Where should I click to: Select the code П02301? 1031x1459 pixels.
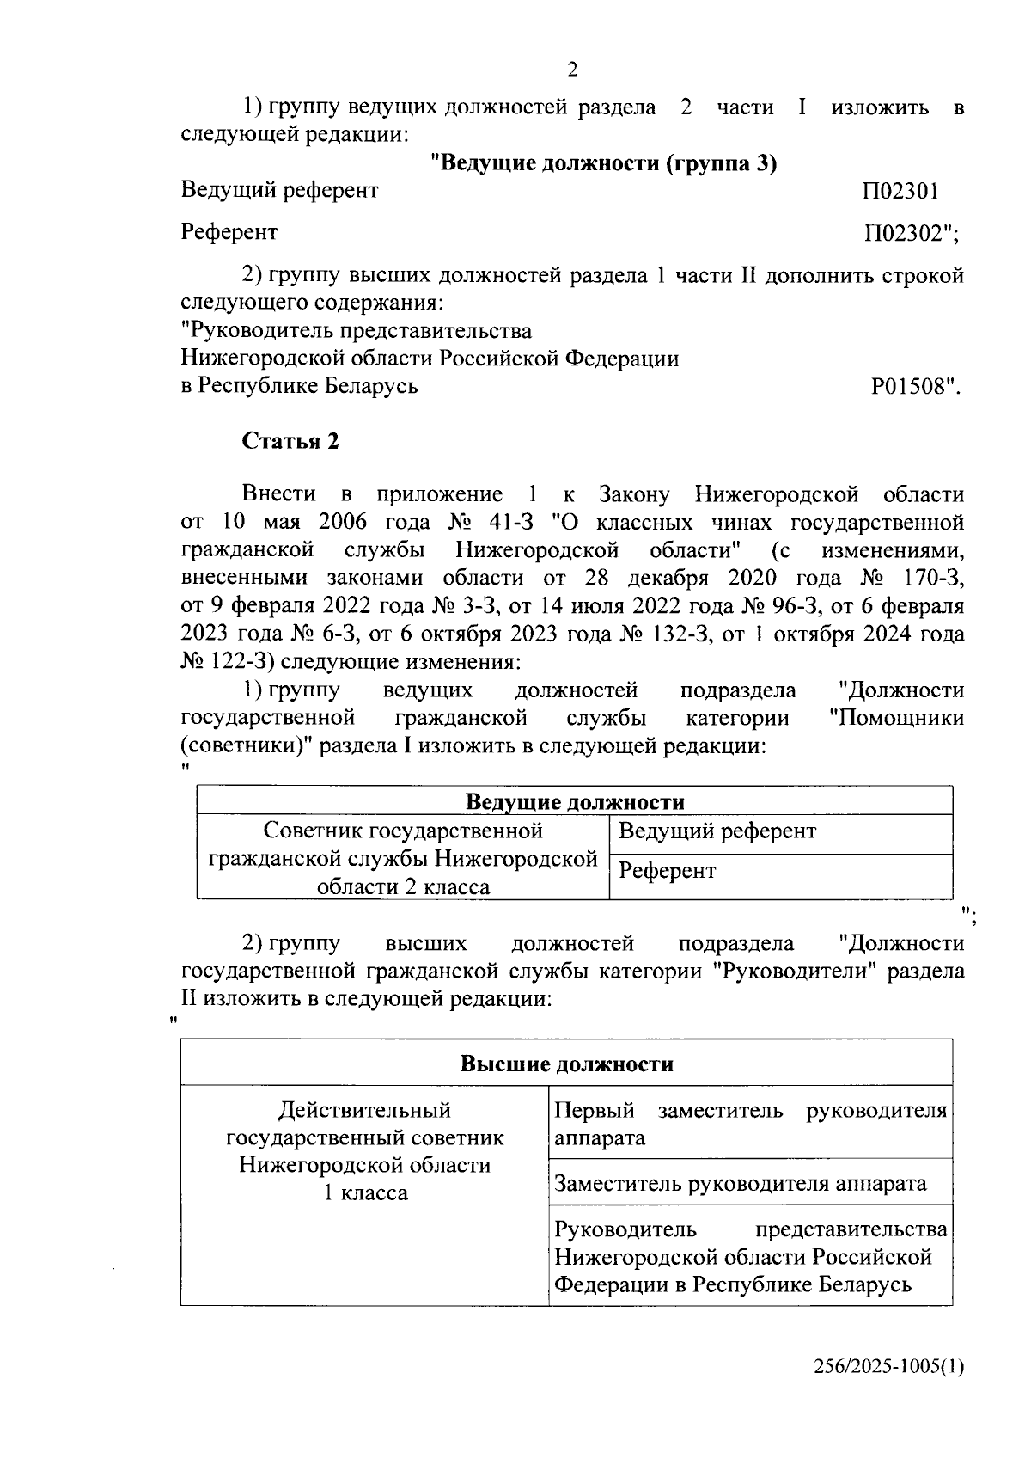(x=900, y=191)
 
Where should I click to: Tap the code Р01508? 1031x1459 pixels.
(x=913, y=386)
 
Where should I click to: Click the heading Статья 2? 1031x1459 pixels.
(x=290, y=441)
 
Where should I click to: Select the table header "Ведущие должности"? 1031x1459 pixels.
(x=575, y=802)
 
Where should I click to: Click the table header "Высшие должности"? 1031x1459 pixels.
(x=566, y=1064)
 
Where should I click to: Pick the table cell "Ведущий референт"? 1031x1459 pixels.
(x=717, y=831)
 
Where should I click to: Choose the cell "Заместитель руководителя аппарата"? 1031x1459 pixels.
(x=740, y=1184)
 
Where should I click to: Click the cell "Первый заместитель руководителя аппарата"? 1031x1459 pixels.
(x=750, y=1124)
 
